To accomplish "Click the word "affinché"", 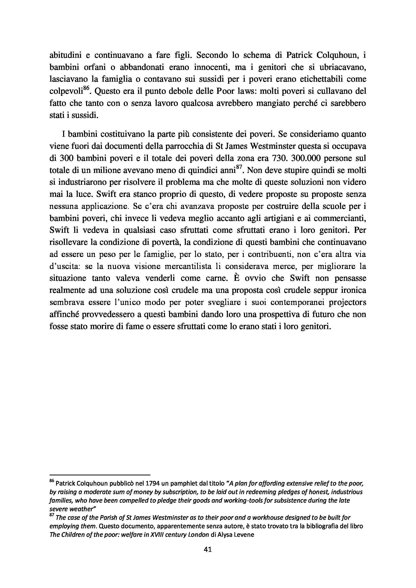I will tap(64, 314).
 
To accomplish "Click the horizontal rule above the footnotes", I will tap(100, 474).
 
